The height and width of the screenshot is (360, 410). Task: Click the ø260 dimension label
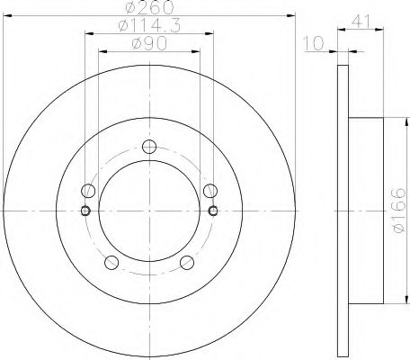pos(149,7)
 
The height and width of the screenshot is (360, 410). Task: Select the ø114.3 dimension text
pos(149,25)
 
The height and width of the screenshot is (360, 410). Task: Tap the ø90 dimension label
pos(149,44)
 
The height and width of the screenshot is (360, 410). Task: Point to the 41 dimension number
pos(361,22)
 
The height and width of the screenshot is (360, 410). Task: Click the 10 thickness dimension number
pos(314,43)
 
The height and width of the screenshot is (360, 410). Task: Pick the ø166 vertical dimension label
pos(399,210)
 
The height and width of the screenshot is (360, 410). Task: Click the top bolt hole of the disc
pos(149,147)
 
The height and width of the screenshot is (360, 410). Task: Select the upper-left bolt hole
pos(88,191)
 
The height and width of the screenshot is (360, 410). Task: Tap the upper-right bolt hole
pos(210,191)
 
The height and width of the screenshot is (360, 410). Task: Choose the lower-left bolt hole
pos(111,263)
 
